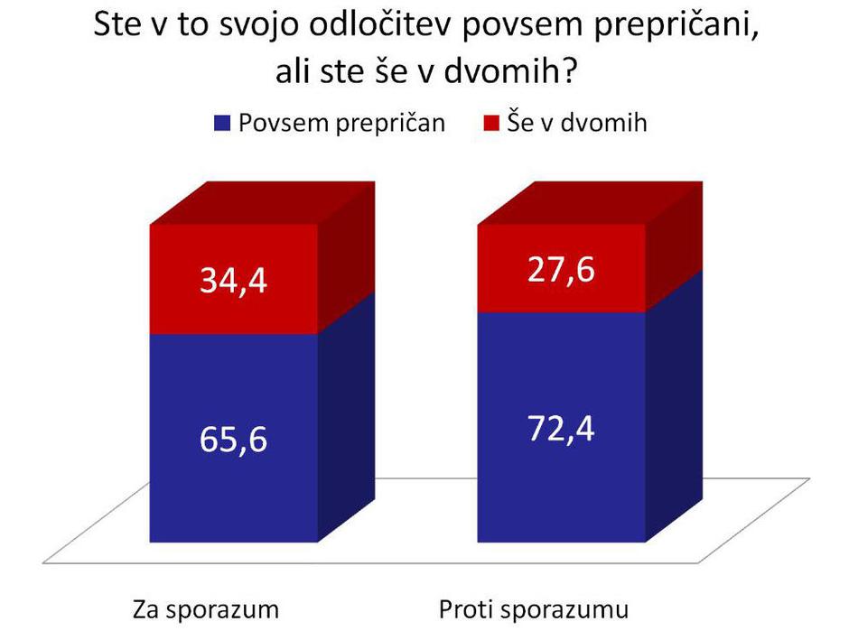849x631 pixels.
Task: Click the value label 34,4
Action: coord(233,282)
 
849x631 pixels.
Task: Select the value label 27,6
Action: coord(561,270)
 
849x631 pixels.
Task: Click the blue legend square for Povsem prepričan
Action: coord(221,124)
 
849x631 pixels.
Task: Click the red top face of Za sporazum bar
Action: coord(262,203)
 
